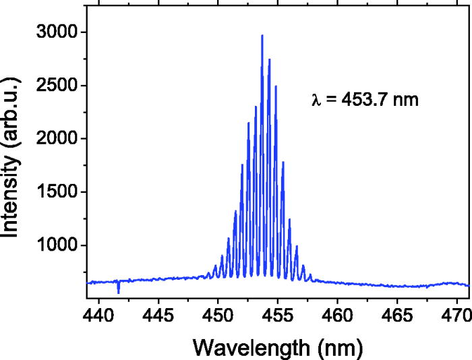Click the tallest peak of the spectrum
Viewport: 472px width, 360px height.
point(262,36)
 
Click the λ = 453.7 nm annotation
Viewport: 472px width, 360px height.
point(365,100)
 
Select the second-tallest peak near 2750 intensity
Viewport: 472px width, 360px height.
point(269,60)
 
